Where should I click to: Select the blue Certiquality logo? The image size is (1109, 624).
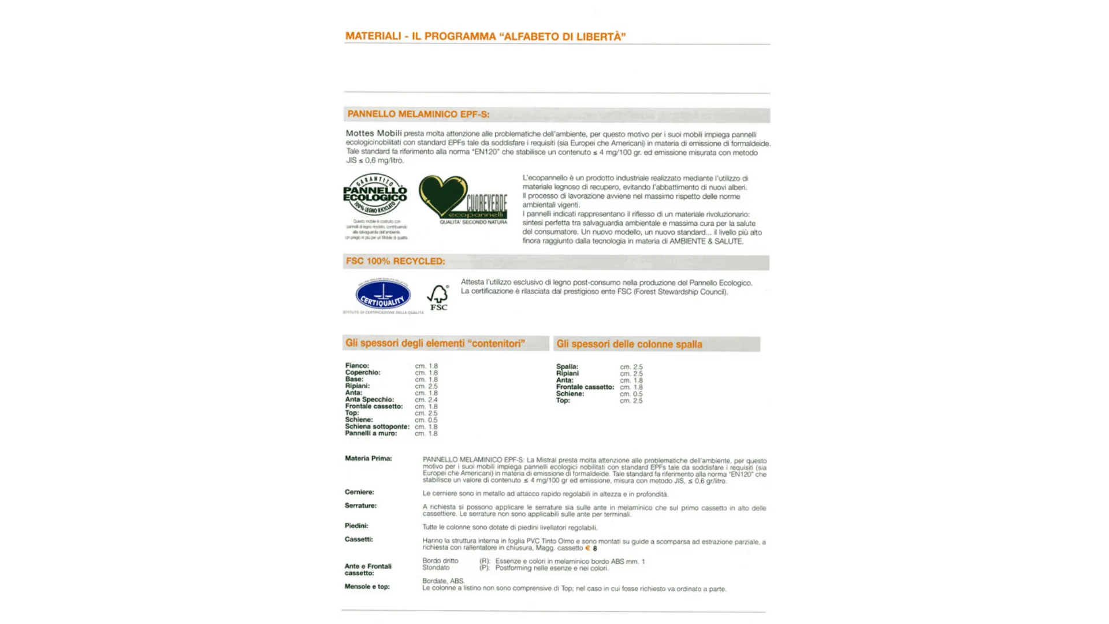coord(383,296)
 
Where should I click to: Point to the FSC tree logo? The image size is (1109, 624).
coord(438,297)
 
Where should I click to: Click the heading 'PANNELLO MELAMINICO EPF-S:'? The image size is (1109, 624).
coord(418,114)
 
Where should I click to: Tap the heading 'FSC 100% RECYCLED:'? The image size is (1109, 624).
coord(395,261)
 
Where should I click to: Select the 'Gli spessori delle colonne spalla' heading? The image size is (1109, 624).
coord(629,344)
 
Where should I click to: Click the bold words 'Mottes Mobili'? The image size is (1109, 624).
coord(373,133)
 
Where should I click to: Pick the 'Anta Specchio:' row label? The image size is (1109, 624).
coord(369,399)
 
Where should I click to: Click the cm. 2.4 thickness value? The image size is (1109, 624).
coord(426,400)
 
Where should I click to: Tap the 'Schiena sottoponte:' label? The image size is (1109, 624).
coord(377,426)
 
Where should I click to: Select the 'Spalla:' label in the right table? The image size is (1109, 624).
coord(567,367)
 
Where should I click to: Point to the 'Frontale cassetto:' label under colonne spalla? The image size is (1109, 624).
coord(585,387)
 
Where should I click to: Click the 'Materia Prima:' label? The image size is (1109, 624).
coord(368,459)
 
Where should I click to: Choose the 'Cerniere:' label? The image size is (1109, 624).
coord(359,492)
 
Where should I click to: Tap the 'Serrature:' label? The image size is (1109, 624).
coord(360,506)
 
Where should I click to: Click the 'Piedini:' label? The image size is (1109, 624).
coord(356,526)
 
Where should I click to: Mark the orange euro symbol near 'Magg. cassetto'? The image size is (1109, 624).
coord(587,548)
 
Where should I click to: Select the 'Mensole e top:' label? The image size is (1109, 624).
coord(367,586)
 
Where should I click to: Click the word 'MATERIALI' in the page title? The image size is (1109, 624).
coord(373,36)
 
